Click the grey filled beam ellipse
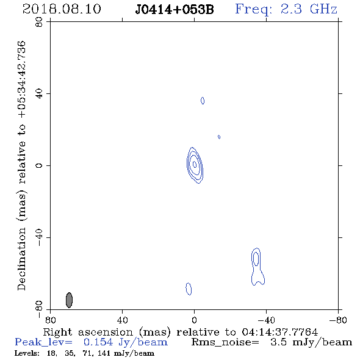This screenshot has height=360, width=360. [x=69, y=300]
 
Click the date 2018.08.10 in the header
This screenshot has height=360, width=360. [x=62, y=9]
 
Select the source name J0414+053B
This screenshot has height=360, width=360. [x=175, y=10]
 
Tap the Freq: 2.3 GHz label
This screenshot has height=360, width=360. [x=286, y=9]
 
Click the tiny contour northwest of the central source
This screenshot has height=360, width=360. [x=218, y=137]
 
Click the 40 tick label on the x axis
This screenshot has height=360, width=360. [x=122, y=320]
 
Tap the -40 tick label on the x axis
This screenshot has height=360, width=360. [x=266, y=320]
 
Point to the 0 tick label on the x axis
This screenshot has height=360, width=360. [x=194, y=320]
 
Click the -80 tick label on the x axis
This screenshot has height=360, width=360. [x=338, y=320]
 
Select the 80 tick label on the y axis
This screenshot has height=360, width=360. [x=39, y=22]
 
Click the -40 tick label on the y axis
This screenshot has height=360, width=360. [x=39, y=237]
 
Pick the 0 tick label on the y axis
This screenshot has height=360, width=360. [x=39, y=165]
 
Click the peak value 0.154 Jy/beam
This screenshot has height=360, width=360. [x=126, y=342]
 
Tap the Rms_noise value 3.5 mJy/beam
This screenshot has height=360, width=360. [x=311, y=342]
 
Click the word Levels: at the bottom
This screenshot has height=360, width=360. [x=27, y=353]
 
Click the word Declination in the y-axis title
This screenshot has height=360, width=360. [x=21, y=259]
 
